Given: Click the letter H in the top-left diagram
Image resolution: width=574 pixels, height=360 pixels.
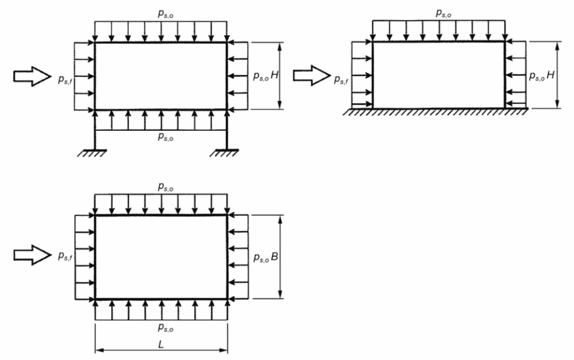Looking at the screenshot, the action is (274, 76).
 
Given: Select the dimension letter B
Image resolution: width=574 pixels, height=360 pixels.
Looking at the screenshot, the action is (274, 257).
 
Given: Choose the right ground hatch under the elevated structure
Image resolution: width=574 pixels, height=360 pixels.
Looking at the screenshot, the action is (227, 153).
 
